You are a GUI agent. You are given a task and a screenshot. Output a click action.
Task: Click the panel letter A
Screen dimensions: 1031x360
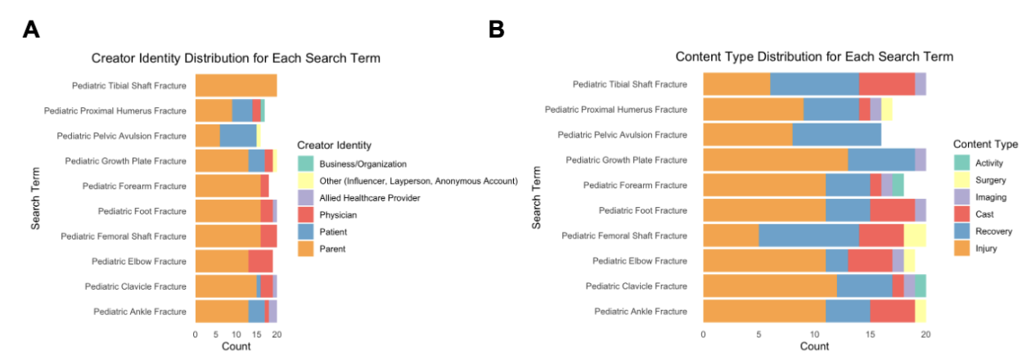31,29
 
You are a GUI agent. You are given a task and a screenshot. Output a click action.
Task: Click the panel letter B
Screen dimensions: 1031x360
496,29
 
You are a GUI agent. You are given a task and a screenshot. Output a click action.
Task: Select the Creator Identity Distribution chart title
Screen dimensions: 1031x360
236,58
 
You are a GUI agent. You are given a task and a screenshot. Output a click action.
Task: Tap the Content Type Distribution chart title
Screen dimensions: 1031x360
814,56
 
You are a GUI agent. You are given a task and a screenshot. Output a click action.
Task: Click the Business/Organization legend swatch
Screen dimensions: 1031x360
306,164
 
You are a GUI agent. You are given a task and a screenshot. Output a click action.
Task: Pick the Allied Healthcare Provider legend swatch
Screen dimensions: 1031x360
306,198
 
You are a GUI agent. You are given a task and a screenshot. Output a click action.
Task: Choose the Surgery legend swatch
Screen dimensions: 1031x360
961,180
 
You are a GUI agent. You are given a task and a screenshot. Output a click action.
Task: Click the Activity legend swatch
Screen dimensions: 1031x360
961,163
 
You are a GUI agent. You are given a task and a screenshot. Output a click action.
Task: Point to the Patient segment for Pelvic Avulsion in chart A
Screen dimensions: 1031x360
238,136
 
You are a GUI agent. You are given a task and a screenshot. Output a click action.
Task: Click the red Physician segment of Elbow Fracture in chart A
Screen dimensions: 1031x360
260,261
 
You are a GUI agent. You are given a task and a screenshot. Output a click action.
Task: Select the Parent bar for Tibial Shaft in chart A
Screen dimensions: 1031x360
236,86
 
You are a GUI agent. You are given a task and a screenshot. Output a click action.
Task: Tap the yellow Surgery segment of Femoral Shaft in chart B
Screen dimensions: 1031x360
915,236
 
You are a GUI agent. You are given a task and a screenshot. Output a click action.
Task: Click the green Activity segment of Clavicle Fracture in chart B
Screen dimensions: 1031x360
921,286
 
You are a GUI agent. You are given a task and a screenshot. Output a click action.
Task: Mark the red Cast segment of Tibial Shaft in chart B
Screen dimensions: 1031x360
887,84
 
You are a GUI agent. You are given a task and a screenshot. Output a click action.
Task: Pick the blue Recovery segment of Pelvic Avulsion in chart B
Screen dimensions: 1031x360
837,134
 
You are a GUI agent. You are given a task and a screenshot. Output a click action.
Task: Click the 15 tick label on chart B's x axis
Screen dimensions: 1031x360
870,334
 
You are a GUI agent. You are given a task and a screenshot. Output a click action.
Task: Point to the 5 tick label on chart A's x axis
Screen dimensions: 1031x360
216,334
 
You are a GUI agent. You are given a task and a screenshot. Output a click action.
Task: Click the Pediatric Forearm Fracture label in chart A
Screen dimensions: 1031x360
134,186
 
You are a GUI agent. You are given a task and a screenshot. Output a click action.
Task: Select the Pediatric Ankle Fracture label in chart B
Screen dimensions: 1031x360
641,311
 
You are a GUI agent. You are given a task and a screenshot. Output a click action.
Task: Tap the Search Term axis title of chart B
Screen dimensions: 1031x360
536,197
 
